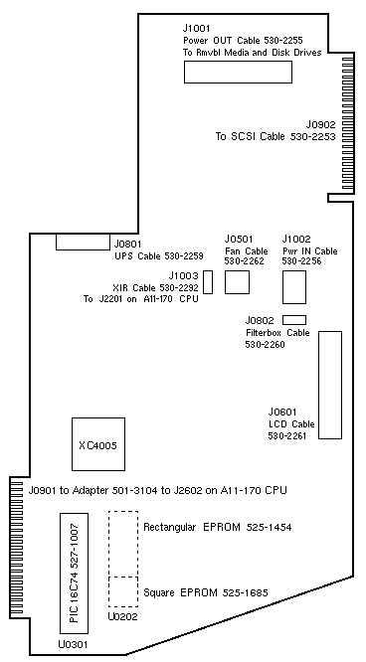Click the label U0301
75,644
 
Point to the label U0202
122,617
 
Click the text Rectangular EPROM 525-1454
217,527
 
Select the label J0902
321,124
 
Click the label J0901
43,490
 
